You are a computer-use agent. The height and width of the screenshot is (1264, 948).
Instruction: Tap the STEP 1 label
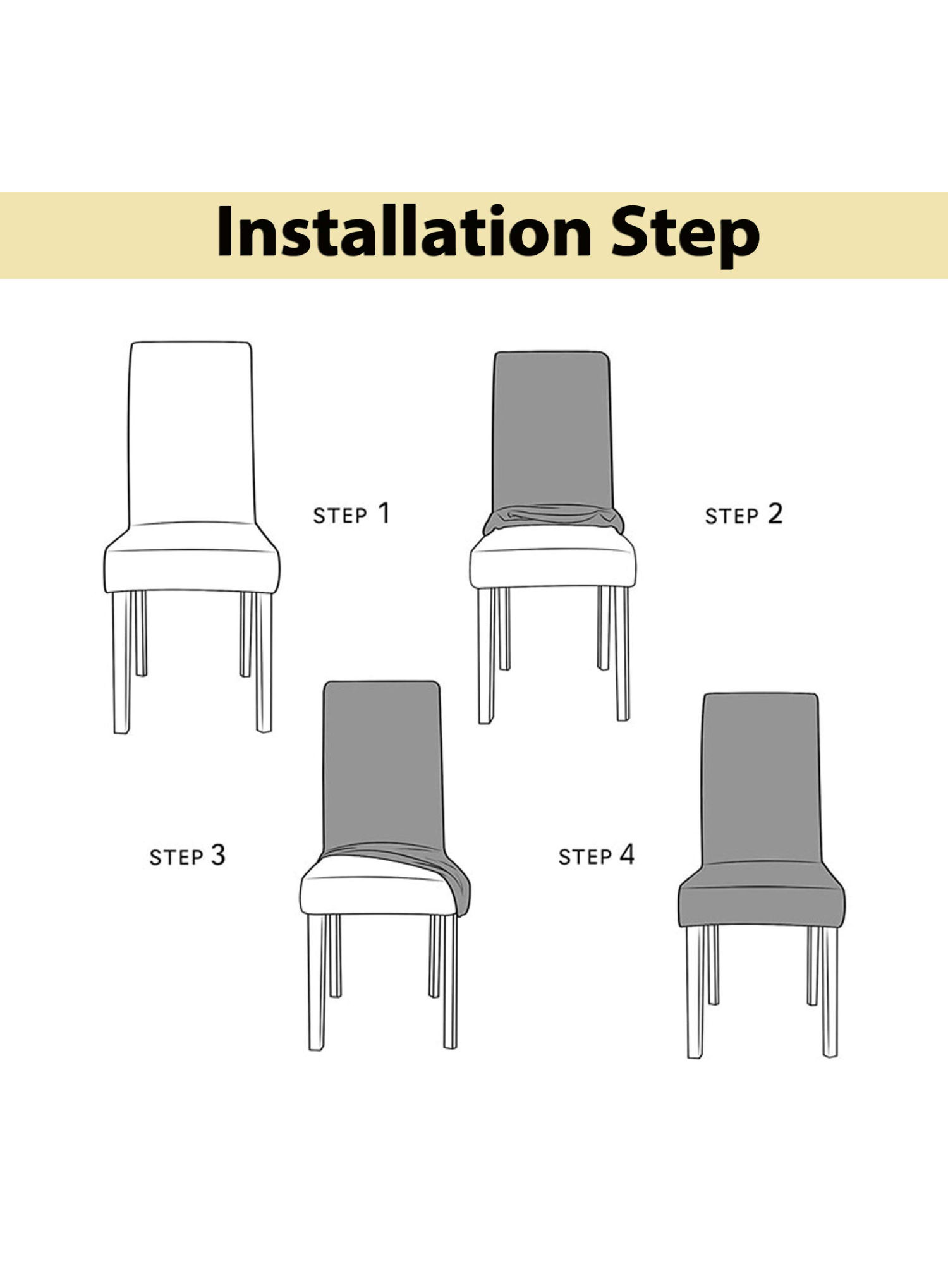[x=351, y=514]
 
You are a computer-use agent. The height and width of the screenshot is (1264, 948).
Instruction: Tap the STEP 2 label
[x=743, y=514]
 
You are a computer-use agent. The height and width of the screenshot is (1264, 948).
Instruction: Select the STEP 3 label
[x=187, y=856]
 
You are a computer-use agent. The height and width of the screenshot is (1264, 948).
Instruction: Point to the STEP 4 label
[x=596, y=855]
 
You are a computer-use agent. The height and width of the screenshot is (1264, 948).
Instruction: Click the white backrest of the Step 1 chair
[x=191, y=436]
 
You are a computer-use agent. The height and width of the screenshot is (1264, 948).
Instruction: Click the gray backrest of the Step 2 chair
[x=552, y=430]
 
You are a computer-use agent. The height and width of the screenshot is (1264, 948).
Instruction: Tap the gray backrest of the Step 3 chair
[x=382, y=765]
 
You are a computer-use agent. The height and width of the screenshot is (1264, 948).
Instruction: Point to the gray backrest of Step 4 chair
[x=761, y=777]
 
